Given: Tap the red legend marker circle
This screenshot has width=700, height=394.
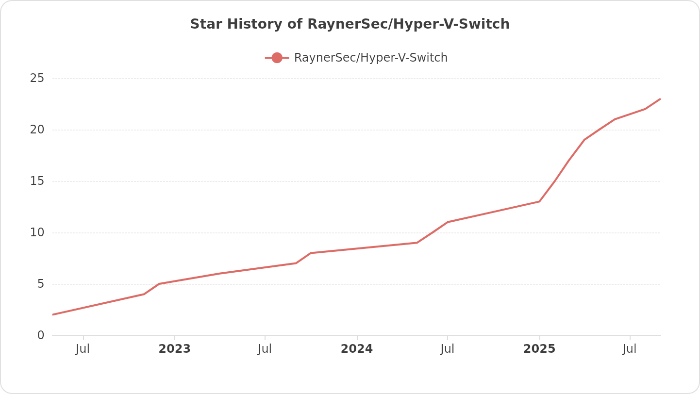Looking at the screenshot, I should coord(277,58).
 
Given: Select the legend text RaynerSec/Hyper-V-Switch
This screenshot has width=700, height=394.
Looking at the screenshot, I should coord(370,58).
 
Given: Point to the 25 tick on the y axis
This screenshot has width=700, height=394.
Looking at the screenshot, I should coord(37,78).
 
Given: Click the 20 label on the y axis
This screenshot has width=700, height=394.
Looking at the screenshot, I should coord(37,130).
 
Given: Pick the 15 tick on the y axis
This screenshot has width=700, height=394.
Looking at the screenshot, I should coord(37,181).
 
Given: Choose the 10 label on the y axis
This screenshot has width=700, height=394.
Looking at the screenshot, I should coord(37,232).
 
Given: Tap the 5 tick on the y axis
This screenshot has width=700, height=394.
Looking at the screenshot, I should coord(41,284).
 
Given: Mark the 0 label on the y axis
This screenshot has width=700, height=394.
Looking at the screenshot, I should coord(41,335).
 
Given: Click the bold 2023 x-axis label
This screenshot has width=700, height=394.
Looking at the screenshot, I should coord(175,349).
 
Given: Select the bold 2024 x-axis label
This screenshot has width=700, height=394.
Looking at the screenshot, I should coord(357,349).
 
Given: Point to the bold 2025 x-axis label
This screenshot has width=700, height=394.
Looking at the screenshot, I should coord(539,349).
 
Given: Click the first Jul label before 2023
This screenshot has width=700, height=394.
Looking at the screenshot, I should coord(83,349).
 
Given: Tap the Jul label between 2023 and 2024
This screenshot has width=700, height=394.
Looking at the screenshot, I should coord(265,349).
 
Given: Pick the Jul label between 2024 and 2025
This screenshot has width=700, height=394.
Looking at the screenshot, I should coord(447,349).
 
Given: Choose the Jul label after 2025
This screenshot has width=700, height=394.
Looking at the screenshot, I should coord(630,349).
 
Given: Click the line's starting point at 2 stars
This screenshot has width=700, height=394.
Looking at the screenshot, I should coord(53,314).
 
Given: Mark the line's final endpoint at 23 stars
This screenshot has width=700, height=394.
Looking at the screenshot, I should coord(660,99).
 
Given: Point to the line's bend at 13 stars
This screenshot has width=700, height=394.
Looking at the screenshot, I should coord(539,201).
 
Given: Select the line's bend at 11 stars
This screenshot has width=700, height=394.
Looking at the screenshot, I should coord(447,222).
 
